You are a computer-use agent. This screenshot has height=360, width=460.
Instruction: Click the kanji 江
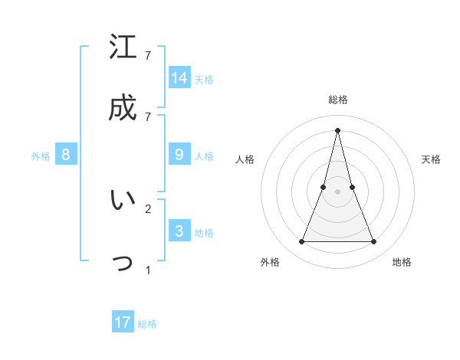pyautogui.click(x=123, y=47)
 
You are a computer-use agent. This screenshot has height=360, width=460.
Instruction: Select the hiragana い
pyautogui.click(x=123, y=200)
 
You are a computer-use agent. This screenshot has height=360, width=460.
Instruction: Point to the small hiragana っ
pyautogui.click(x=123, y=263)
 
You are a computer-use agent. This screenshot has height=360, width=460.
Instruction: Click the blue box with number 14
pyautogui.click(x=179, y=77)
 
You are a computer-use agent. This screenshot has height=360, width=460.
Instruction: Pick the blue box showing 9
pyautogui.click(x=179, y=155)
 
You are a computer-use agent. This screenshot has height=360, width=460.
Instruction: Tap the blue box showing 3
pyautogui.click(x=179, y=231)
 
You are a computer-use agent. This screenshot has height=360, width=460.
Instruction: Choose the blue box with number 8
pyautogui.click(x=66, y=155)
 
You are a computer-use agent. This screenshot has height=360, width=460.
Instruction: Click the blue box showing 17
pyautogui.click(x=123, y=322)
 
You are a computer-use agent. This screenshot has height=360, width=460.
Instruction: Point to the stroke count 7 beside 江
pyautogui.click(x=148, y=55)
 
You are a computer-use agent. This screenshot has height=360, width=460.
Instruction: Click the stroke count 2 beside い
pyautogui.click(x=148, y=208)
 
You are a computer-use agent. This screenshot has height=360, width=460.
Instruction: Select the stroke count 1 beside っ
pyautogui.click(x=148, y=270)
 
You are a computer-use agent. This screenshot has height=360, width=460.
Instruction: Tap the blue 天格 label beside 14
pyautogui.click(x=204, y=79)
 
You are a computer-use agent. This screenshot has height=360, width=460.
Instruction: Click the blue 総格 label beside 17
pyautogui.click(x=147, y=324)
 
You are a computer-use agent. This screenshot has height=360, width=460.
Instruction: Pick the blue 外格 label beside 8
pyautogui.click(x=41, y=156)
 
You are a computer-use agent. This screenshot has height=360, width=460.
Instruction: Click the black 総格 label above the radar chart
pyautogui.click(x=337, y=100)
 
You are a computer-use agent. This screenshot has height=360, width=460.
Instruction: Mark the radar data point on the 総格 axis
pyautogui.click(x=337, y=129)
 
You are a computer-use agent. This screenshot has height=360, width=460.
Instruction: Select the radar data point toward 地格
pyautogui.click(x=374, y=242)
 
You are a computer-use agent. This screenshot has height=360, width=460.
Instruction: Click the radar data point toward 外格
pyautogui.click(x=301, y=242)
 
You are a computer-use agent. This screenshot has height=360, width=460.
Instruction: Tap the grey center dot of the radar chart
pyautogui.click(x=337, y=191)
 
